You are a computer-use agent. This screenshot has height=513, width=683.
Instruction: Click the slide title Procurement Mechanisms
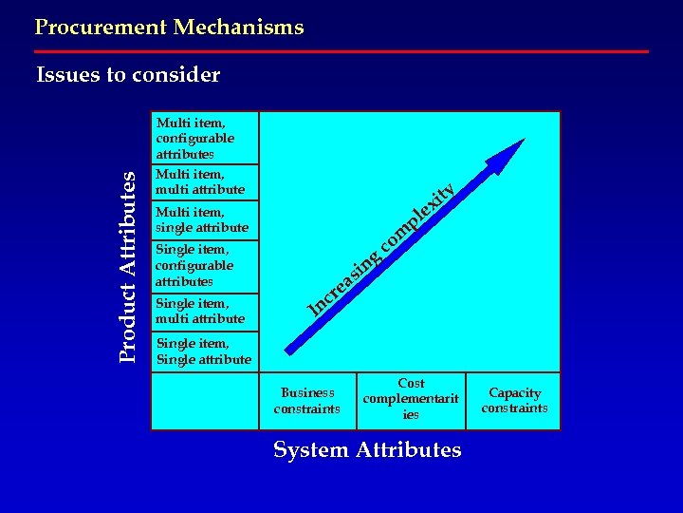coord(169,28)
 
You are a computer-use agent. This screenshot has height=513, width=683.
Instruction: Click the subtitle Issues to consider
coord(128,75)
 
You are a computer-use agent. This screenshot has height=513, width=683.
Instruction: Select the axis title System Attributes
coord(367,449)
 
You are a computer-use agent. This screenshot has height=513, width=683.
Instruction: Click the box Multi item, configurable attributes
coord(204,138)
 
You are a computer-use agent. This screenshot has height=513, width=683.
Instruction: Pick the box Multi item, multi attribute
coord(204,181)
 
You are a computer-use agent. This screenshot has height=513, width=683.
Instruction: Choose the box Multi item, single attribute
coord(204,219)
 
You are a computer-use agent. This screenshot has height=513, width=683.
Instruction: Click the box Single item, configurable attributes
coord(204,266)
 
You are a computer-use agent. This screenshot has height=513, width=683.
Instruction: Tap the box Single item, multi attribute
coord(204,312)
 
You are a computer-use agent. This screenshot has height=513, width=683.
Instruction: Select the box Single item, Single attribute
coord(204,351)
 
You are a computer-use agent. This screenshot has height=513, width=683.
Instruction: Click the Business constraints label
coord(306,401)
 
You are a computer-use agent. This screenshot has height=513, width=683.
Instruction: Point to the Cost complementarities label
coord(411,399)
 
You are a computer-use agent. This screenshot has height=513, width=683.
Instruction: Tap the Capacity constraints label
coord(514,400)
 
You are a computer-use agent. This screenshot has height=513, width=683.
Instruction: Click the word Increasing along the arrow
coord(343,280)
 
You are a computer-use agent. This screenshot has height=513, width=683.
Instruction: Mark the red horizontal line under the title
coord(341,51)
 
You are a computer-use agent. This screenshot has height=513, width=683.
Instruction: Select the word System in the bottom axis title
coord(309,449)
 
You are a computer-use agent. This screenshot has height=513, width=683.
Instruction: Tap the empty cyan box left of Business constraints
coord(204,400)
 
